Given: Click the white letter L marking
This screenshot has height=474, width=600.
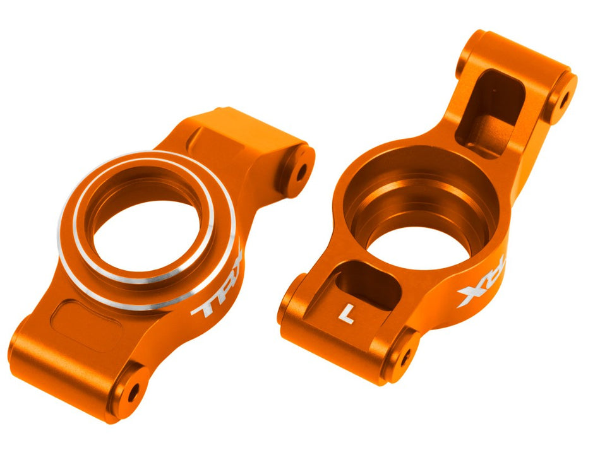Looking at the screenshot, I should pos(345,312).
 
